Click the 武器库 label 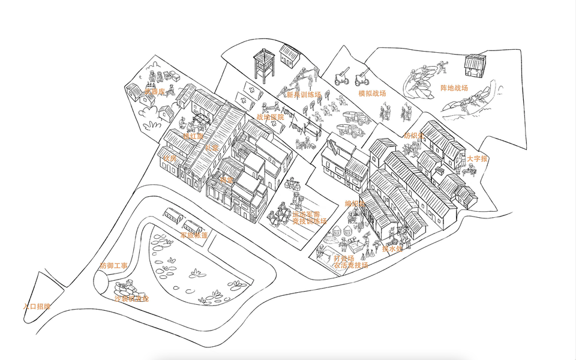click(x=155, y=92)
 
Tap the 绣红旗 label click(x=193, y=136)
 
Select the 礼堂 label click(x=212, y=148)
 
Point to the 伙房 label click(x=170, y=159)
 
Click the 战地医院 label click(x=269, y=117)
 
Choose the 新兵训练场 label click(x=304, y=95)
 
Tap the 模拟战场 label click(x=372, y=94)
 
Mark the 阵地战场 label click(x=454, y=88)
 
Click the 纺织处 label click(x=414, y=136)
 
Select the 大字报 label click(x=478, y=159)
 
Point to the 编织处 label click(x=355, y=204)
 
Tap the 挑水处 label click(x=391, y=248)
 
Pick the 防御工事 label click(x=113, y=265)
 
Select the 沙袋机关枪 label click(x=131, y=298)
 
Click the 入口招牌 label click(x=37, y=306)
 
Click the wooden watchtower click(x=262, y=64)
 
